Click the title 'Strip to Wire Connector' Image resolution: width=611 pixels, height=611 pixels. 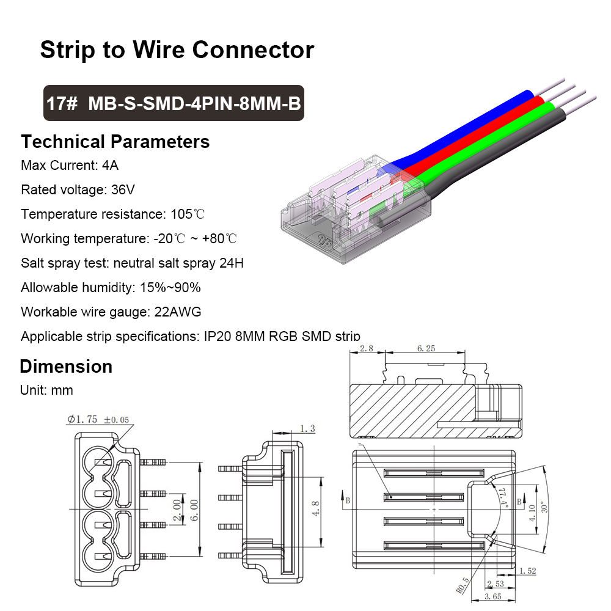pyautogui.click(x=177, y=50)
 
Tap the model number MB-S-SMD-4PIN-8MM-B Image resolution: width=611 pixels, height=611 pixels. pyautogui.click(x=195, y=103)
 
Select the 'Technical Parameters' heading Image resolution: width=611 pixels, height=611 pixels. pyautogui.click(x=115, y=142)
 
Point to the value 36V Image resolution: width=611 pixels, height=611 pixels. pyautogui.click(x=123, y=190)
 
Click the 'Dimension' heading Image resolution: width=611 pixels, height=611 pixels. pyautogui.click(x=66, y=367)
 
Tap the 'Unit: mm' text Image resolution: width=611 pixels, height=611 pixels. pyautogui.click(x=46, y=390)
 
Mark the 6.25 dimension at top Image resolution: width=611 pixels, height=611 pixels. pyautogui.click(x=426, y=349)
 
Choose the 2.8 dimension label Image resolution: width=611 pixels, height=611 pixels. pyautogui.click(x=367, y=349)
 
